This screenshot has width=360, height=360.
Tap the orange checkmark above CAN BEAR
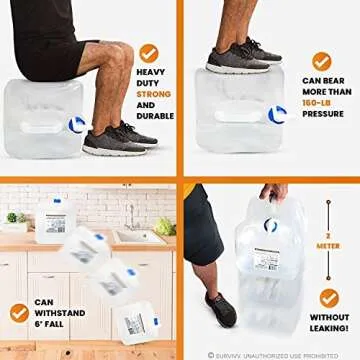(x=321, y=61)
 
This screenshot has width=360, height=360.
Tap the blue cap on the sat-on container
(x=77, y=125)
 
